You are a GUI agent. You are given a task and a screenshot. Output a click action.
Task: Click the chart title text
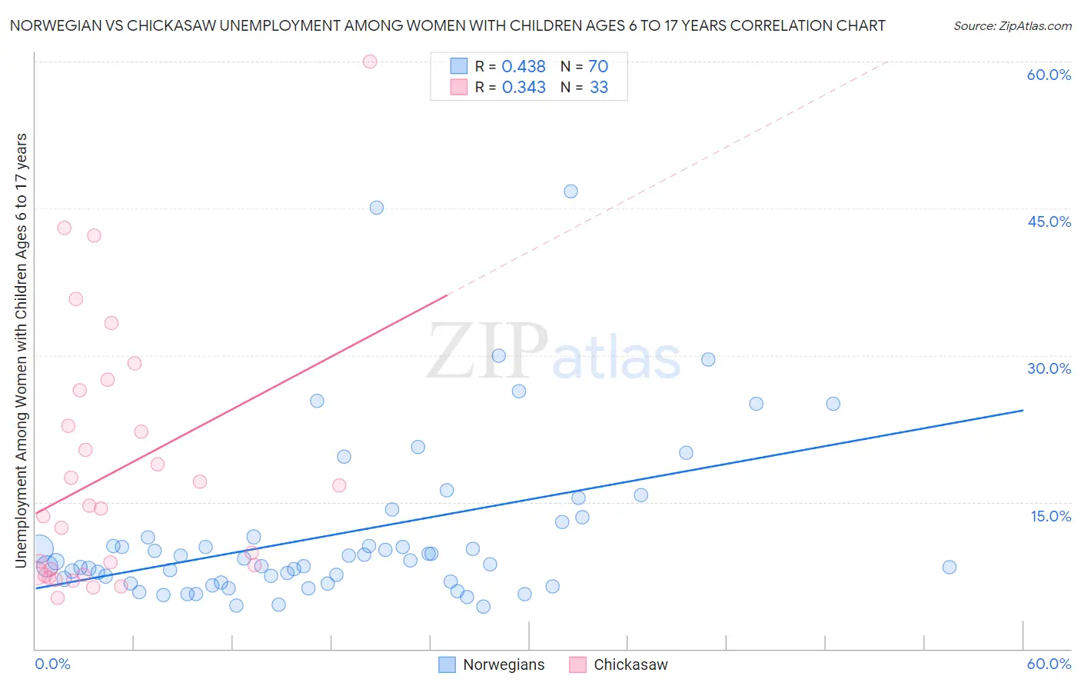click(447, 25)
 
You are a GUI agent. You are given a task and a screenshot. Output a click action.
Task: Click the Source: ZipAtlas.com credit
click(1012, 25)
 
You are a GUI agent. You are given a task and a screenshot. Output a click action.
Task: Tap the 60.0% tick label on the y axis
click(1049, 75)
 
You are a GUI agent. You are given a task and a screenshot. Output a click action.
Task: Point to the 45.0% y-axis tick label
click(1049, 221)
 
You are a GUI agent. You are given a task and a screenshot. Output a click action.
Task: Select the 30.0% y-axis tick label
click(1049, 368)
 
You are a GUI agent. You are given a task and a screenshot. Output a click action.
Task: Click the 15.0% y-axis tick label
click(1050, 516)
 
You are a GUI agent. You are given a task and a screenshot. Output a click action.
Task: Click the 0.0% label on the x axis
click(52, 664)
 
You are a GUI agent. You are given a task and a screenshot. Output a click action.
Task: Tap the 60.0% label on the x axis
click(1049, 664)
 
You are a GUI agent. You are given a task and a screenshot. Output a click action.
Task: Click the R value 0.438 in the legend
click(524, 67)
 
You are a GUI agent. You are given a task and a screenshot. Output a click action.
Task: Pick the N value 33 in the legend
click(599, 88)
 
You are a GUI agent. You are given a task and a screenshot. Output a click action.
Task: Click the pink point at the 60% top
click(370, 62)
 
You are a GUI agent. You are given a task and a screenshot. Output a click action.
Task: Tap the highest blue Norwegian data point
click(570, 191)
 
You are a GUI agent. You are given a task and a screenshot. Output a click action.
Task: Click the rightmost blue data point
click(950, 568)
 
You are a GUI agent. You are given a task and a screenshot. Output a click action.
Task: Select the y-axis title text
click(21, 351)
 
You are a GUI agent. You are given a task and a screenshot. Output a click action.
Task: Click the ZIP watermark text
click(487, 352)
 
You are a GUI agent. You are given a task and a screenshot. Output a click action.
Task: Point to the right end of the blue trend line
click(1023, 411)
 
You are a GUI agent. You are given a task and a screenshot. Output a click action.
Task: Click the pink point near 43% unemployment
click(65, 228)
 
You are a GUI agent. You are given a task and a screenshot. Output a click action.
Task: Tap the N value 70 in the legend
click(598, 67)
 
